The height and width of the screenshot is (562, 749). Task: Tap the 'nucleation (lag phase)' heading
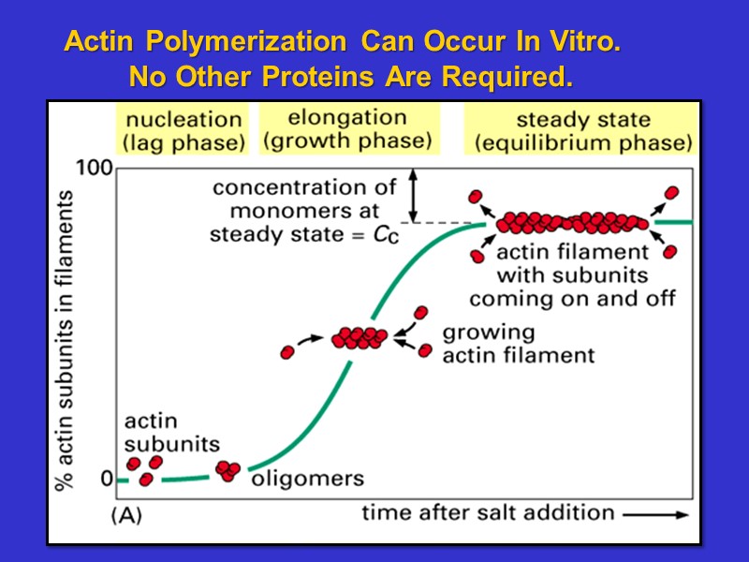[184, 131]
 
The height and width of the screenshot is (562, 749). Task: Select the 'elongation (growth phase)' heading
[347, 129]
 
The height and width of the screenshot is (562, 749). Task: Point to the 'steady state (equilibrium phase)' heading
[582, 131]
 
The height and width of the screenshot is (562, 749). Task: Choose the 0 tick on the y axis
[106, 479]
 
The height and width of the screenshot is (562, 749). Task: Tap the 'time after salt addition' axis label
[488, 512]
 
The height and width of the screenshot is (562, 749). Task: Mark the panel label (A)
[127, 515]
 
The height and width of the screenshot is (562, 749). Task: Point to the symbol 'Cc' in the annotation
[386, 235]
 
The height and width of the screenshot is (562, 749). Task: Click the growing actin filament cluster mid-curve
[359, 337]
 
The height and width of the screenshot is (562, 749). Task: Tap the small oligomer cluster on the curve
[228, 470]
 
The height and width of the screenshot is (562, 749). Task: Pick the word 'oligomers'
[307, 479]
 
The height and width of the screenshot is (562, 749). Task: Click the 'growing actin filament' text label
[518, 344]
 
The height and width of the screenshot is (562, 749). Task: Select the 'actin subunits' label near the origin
[171, 433]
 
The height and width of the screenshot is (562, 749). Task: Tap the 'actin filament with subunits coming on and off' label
[572, 275]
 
